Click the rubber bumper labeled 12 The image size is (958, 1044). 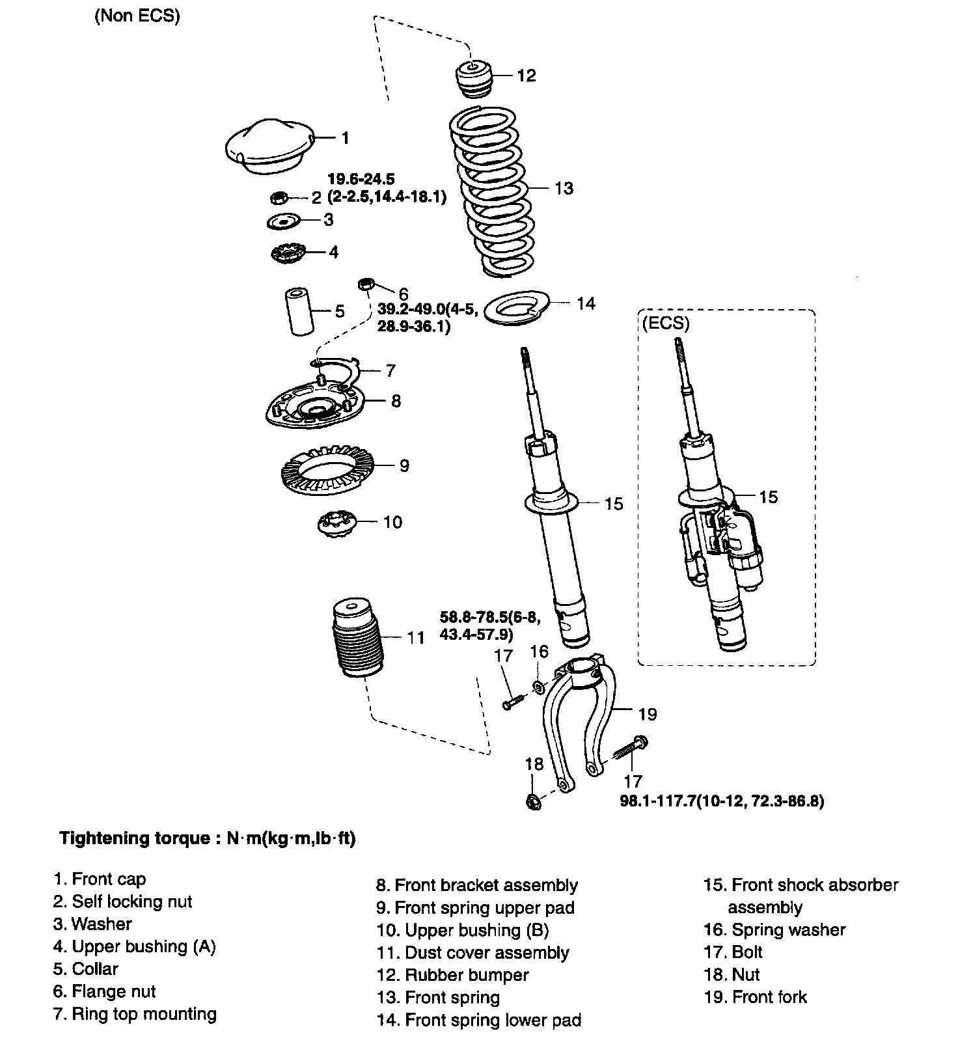coord(474,79)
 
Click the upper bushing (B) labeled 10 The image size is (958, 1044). coord(336,523)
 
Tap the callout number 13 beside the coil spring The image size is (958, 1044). coord(564,189)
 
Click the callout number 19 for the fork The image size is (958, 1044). coord(648,715)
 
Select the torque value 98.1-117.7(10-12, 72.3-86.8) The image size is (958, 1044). coord(722,801)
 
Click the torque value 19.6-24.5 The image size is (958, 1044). coord(362,178)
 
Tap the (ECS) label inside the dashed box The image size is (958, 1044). coord(665,323)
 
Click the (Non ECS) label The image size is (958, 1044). coord(137,16)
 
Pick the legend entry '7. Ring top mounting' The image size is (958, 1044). coord(135,1014)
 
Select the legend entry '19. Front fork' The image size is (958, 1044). coord(755,997)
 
